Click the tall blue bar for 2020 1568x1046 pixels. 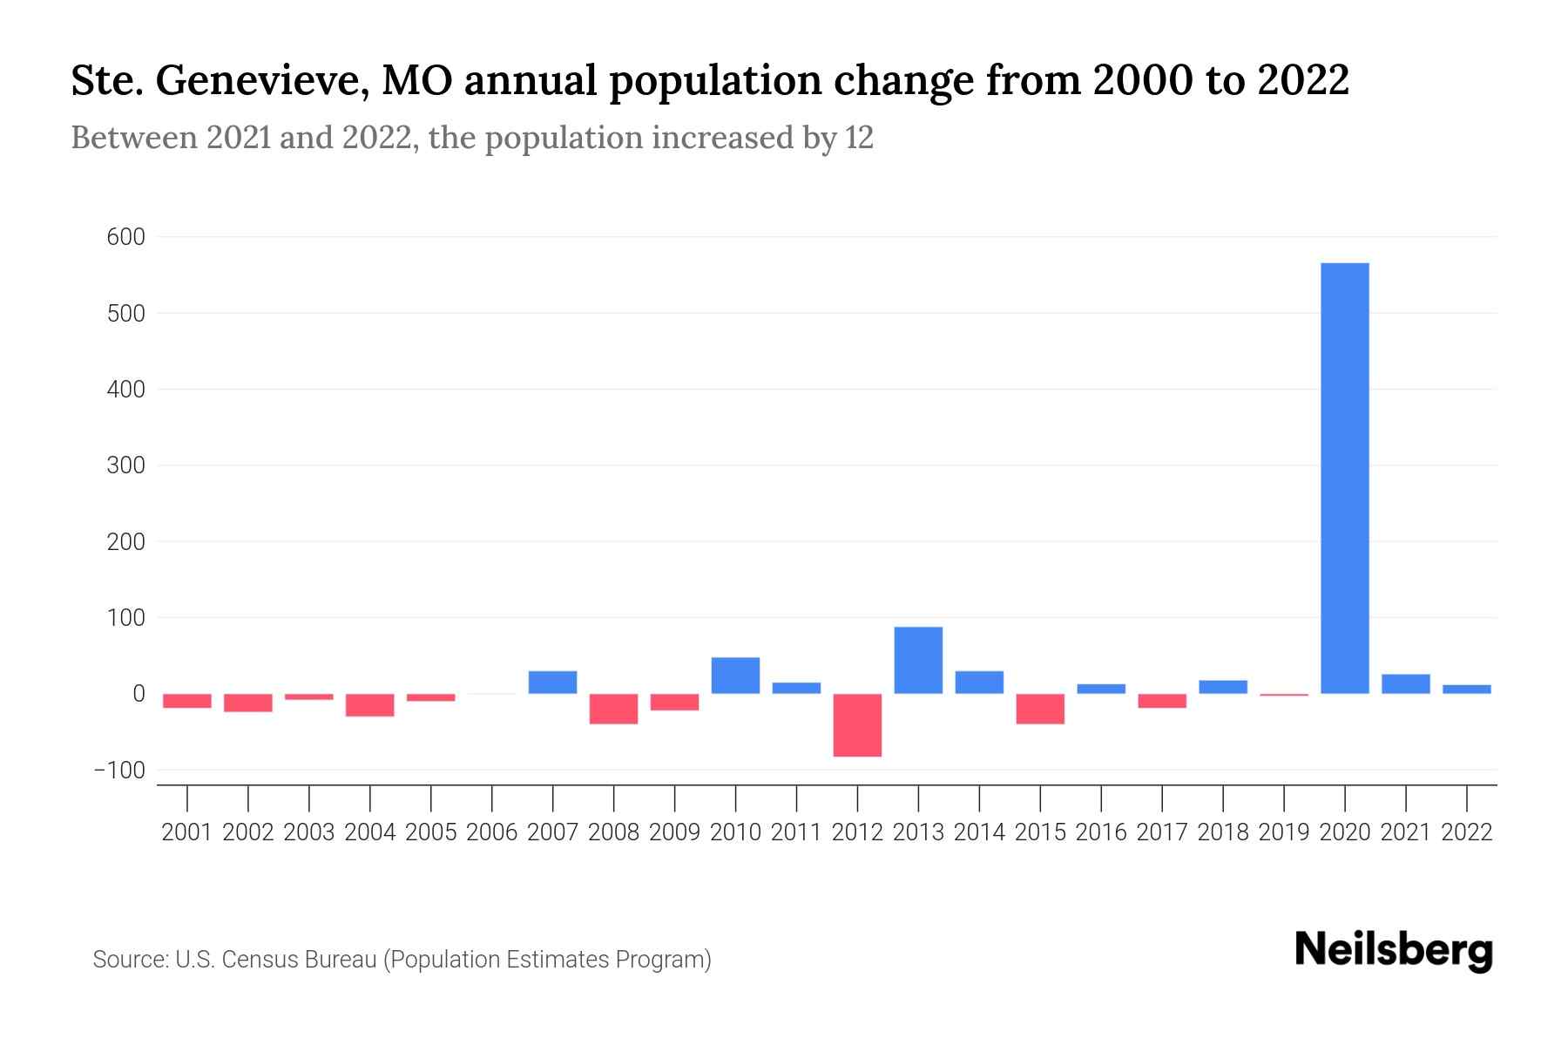1344,478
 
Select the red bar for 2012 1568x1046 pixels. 857,725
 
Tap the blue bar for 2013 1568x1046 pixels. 918,660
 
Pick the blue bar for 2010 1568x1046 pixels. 735,676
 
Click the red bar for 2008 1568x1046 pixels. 613,709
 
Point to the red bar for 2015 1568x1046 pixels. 1040,709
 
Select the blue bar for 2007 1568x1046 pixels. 552,682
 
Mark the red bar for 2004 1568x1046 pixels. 369,705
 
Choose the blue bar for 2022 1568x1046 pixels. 1467,689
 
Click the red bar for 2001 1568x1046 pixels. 187,701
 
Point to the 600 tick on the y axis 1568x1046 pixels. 125,237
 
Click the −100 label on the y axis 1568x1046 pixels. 120,771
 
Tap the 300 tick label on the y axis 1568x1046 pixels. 125,465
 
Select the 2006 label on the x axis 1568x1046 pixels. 492,832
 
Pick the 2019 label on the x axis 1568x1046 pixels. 1284,832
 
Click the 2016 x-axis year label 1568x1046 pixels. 1101,832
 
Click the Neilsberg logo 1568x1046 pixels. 1394,951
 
